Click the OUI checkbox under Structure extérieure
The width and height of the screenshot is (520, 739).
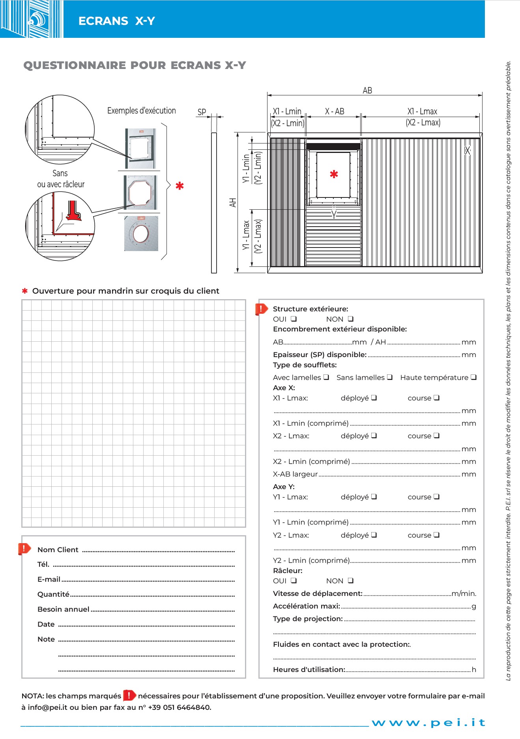point(294,319)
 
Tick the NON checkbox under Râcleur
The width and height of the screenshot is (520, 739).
point(351,581)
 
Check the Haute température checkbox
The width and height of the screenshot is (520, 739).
point(473,377)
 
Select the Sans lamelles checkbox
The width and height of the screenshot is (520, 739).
point(390,377)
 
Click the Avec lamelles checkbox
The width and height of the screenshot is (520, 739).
point(326,377)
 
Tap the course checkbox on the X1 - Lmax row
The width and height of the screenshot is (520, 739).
point(436,398)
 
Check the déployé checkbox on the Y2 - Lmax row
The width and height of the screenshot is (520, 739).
point(374,535)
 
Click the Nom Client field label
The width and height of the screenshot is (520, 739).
point(58,550)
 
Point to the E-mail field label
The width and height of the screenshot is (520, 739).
point(49,579)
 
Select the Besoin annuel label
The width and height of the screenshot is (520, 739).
point(63,609)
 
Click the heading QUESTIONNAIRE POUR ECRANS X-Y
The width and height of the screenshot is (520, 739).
point(135,65)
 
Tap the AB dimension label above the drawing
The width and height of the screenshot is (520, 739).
point(367,90)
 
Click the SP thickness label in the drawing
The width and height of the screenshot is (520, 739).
point(202,112)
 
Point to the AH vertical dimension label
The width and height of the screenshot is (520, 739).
point(233,203)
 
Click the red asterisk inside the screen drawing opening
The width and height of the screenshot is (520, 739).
point(334,174)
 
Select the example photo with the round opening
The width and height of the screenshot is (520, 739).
point(141,233)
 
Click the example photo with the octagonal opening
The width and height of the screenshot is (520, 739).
point(140,193)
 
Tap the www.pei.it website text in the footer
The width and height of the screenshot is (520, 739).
point(428,722)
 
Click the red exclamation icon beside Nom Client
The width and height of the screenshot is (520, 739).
point(24,548)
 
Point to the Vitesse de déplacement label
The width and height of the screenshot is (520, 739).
point(318,593)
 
